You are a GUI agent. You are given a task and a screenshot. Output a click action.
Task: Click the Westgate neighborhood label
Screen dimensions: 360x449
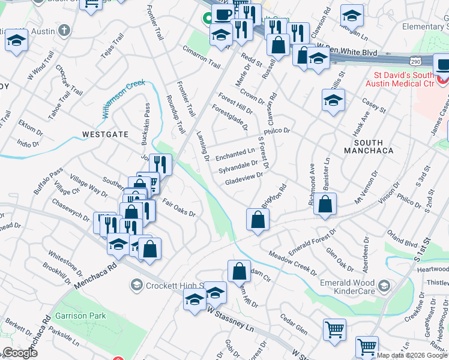(x=106, y=134)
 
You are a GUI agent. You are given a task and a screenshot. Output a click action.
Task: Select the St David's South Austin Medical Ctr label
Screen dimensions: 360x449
(x=403, y=79)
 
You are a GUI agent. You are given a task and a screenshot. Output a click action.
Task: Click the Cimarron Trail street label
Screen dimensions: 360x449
(x=202, y=56)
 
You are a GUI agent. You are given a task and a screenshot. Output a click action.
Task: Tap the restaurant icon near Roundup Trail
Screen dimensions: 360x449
(x=160, y=165)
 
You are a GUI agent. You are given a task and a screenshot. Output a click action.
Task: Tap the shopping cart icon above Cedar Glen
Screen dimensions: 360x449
(x=334, y=328)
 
